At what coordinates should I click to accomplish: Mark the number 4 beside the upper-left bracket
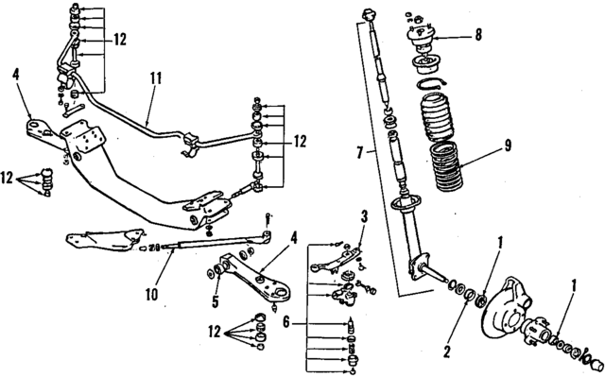coord(16,72)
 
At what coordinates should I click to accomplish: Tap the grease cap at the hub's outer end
coord(594,364)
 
